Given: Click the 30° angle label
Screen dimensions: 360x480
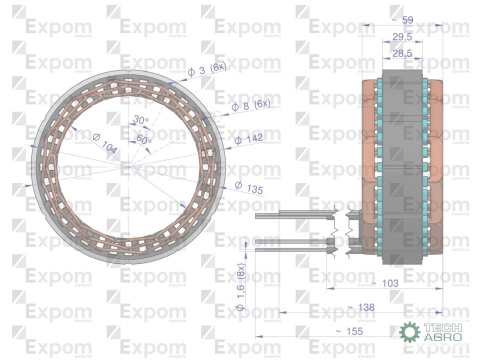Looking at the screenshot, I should [139, 120].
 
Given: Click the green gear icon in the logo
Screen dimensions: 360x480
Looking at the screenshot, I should [408, 334].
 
